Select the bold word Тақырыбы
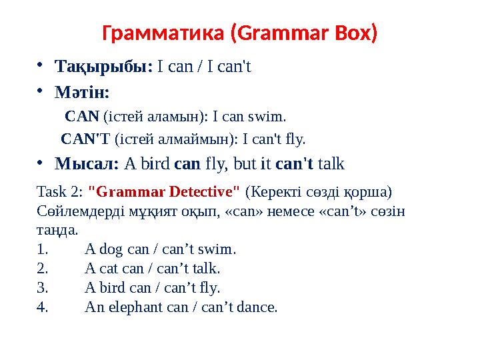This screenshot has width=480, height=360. point(103,67)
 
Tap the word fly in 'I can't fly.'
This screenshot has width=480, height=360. point(293,140)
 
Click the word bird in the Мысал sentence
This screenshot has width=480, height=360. point(154,163)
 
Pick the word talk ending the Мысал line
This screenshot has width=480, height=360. point(331,163)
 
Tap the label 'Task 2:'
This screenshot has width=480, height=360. point(57,193)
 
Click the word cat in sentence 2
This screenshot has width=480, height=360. point(109,269)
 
